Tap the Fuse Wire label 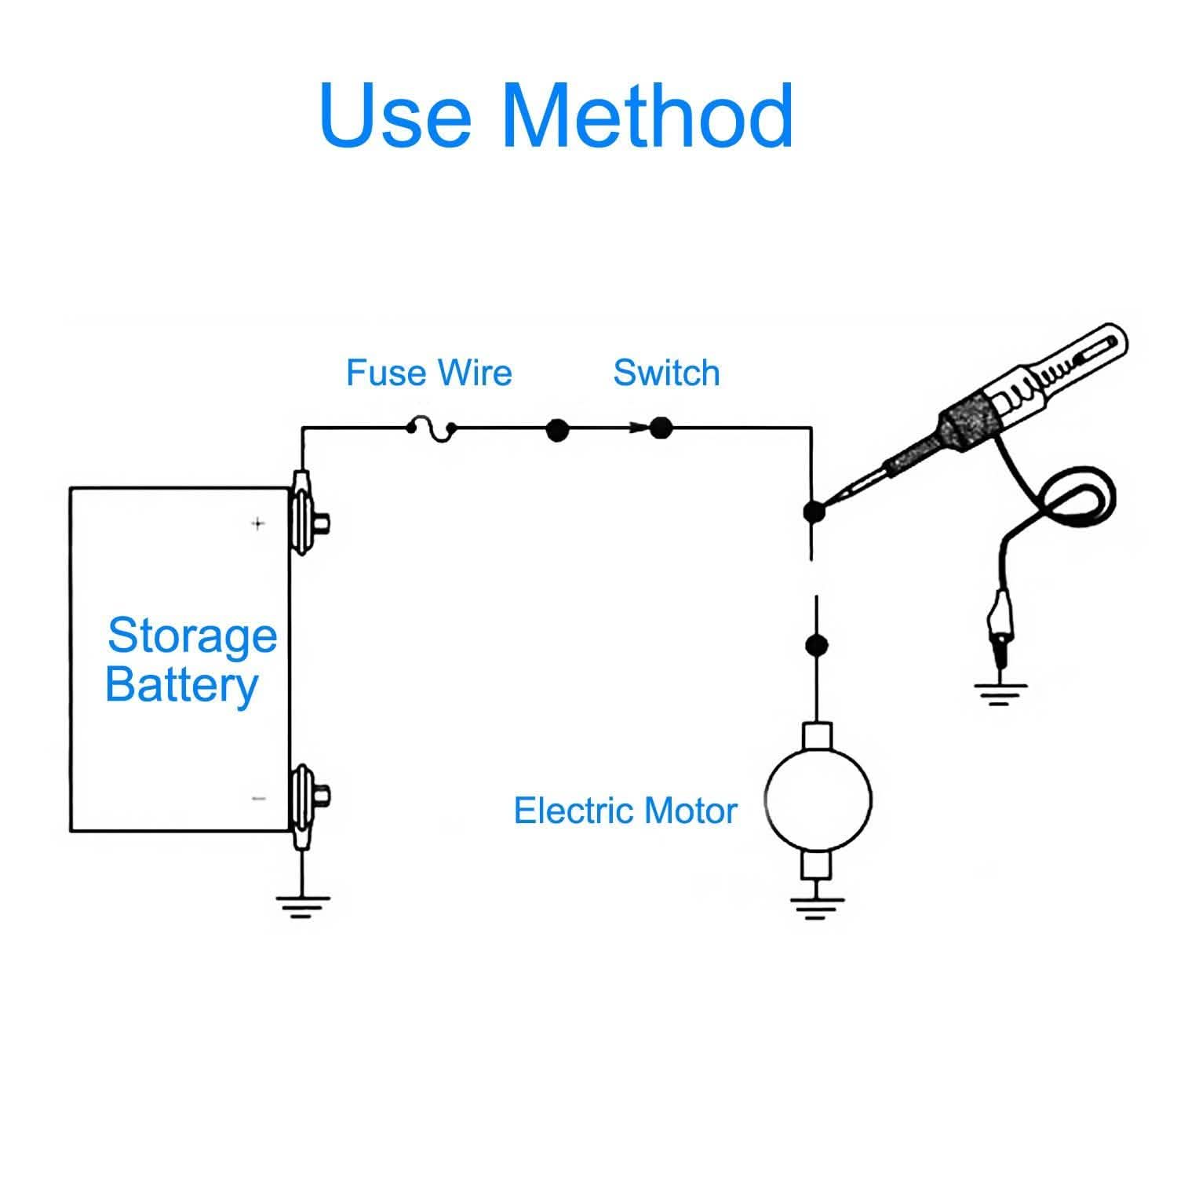point(428,373)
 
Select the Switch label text point(666,373)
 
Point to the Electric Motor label point(625,811)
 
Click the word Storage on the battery point(192,636)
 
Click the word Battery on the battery point(182,685)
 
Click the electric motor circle point(818,800)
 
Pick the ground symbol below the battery point(302,906)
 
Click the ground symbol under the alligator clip point(1000,694)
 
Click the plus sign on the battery point(258,523)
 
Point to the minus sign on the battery point(259,799)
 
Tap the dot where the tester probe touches point(814,512)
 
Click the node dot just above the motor point(817,645)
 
